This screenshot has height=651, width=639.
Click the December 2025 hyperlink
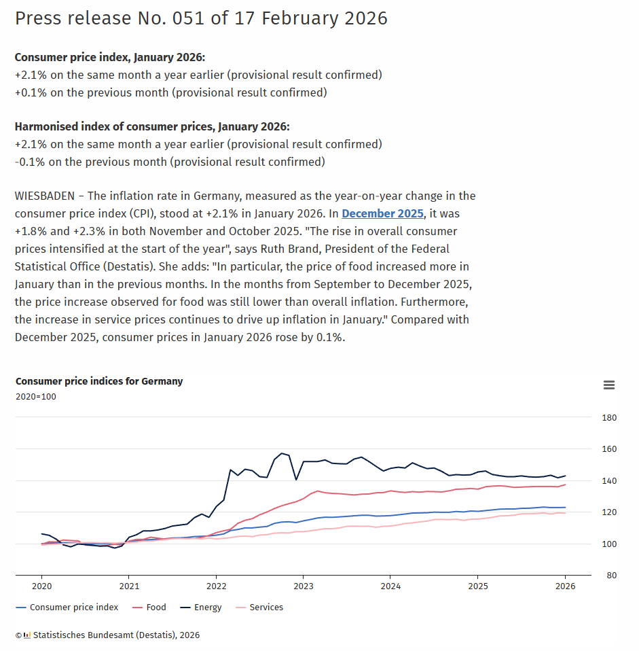pyautogui.click(x=382, y=213)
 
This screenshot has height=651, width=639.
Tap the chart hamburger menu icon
pyautogui.click(x=609, y=385)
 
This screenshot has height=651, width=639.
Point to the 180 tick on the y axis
pyautogui.click(x=609, y=417)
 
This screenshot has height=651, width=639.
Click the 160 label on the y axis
pyautogui.click(x=609, y=449)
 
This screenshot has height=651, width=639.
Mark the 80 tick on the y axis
pyautogui.click(x=609, y=576)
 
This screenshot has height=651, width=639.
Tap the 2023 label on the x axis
pyautogui.click(x=303, y=586)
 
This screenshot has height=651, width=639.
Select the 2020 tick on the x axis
pyautogui.click(x=41, y=586)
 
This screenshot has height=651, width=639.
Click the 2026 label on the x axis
pyautogui.click(x=565, y=586)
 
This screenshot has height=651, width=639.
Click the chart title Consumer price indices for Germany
pyautogui.click(x=99, y=381)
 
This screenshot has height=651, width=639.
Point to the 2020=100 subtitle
pyautogui.click(x=36, y=397)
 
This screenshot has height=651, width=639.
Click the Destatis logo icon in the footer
pyautogui.click(x=27, y=635)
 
